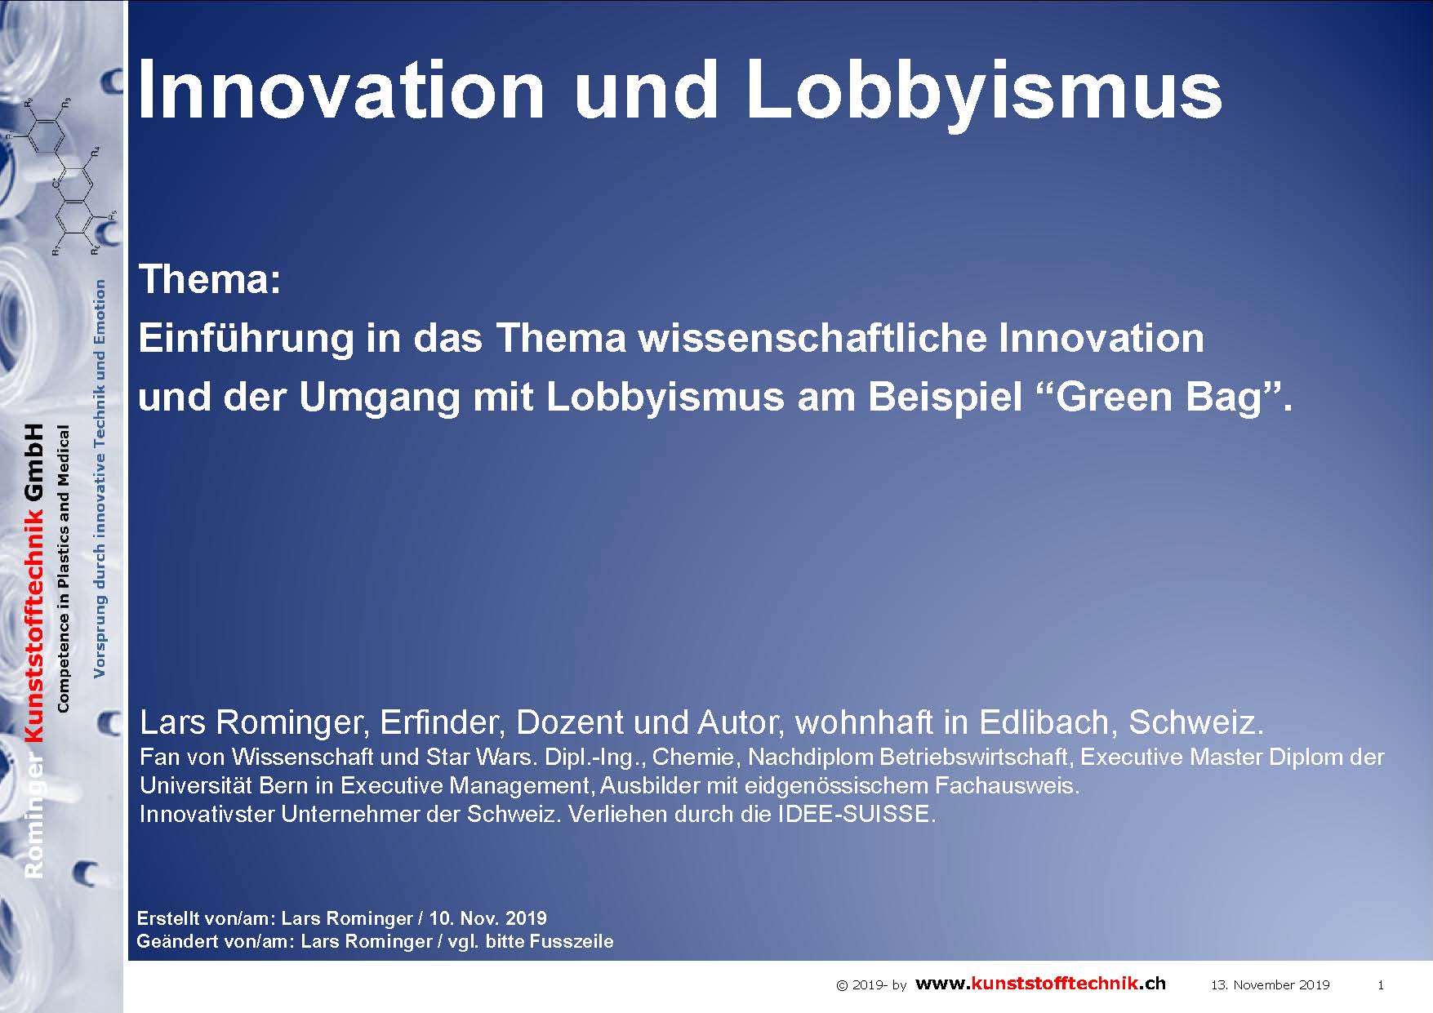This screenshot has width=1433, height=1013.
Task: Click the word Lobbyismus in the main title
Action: (x=985, y=92)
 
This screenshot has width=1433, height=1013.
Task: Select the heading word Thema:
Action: (x=211, y=279)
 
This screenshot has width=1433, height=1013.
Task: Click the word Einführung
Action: (x=246, y=339)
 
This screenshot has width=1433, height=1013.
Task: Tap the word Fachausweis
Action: (x=1008, y=785)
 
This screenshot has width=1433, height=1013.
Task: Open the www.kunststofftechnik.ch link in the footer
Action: (x=1040, y=984)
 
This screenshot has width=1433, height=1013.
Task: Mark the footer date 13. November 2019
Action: (x=1270, y=985)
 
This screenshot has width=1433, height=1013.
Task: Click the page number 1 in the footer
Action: (x=1381, y=985)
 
